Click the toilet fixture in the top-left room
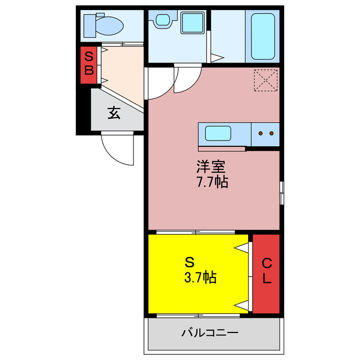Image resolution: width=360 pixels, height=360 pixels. [x=103, y=25]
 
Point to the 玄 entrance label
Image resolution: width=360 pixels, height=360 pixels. [x=114, y=113]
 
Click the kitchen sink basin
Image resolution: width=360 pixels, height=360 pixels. [x=217, y=134]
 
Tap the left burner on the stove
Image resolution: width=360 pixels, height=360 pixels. [x=261, y=133]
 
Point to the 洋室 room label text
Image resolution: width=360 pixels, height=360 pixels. [x=211, y=167]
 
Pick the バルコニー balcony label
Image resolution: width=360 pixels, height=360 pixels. [x=209, y=332]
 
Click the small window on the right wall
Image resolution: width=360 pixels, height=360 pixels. [x=282, y=191]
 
